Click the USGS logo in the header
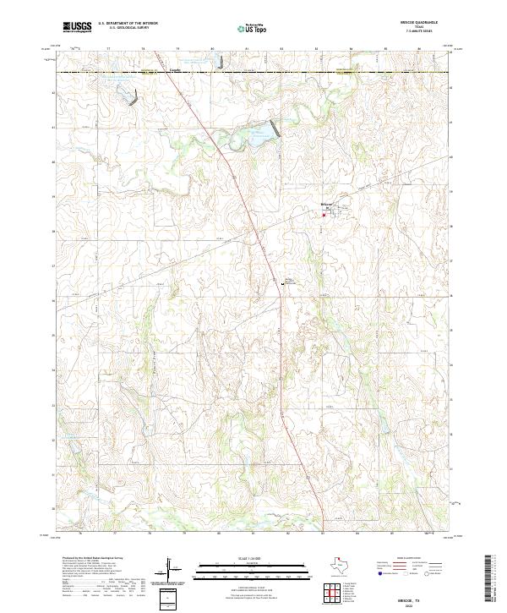click(x=77, y=27)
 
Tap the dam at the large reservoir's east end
click(x=274, y=129)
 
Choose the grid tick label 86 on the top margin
click(x=419, y=50)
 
